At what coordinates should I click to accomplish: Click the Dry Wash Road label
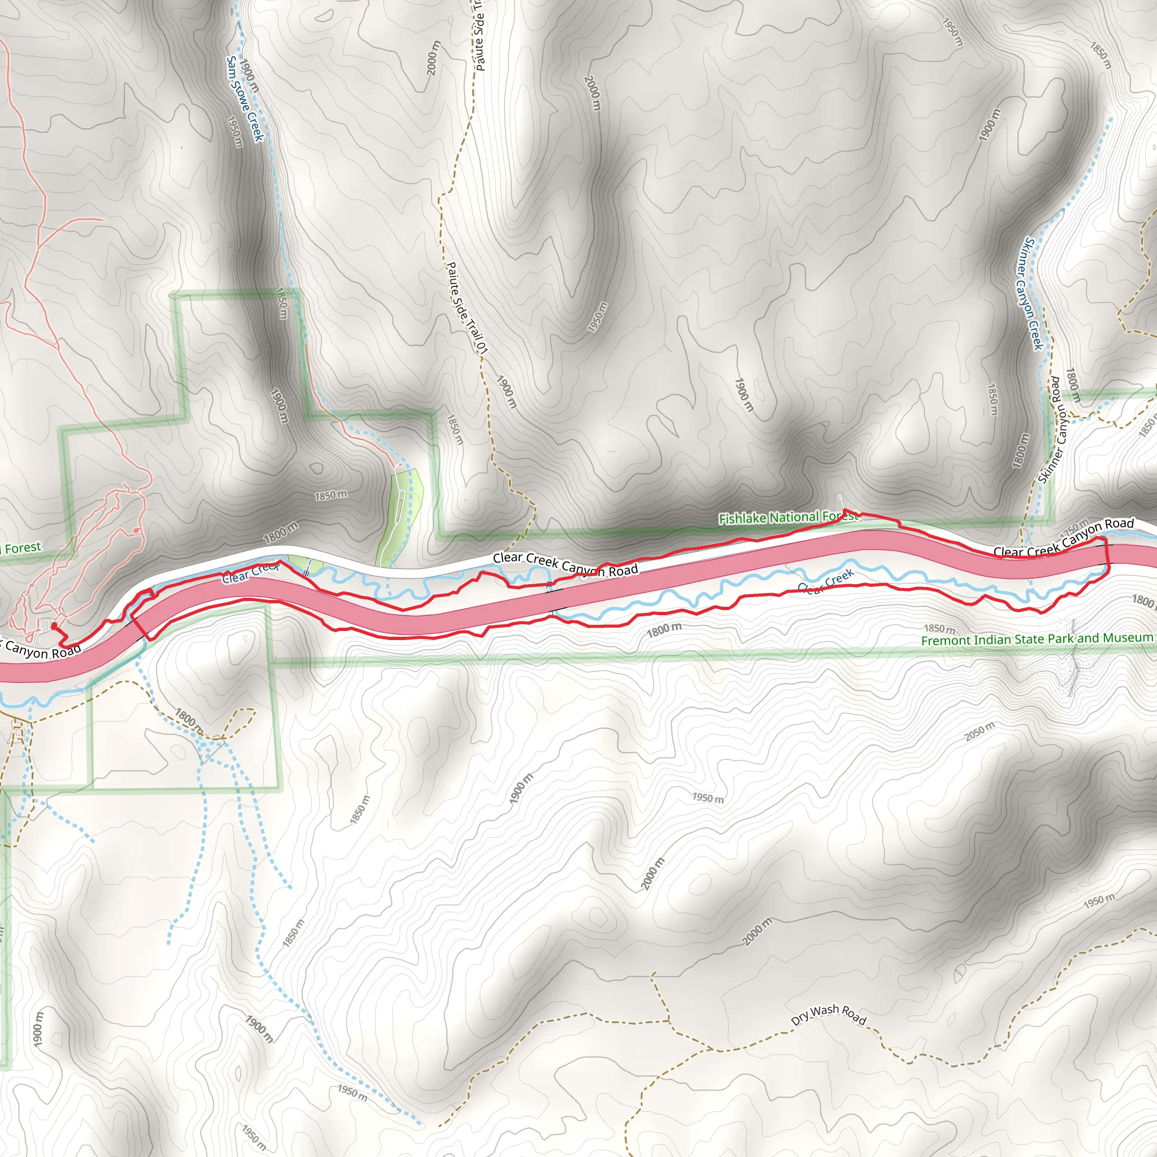[828, 1010]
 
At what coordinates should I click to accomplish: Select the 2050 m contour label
[979, 731]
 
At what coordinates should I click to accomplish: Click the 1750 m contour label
[1075, 528]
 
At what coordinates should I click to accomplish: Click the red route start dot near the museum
[53, 625]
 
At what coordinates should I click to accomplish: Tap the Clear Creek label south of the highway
[826, 581]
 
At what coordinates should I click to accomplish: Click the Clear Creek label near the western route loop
[251, 572]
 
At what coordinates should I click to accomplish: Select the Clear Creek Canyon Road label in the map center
[565, 565]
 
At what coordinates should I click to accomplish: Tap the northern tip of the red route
[844, 510]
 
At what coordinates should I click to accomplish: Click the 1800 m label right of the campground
[281, 532]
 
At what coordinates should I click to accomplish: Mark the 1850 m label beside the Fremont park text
[939, 628]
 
